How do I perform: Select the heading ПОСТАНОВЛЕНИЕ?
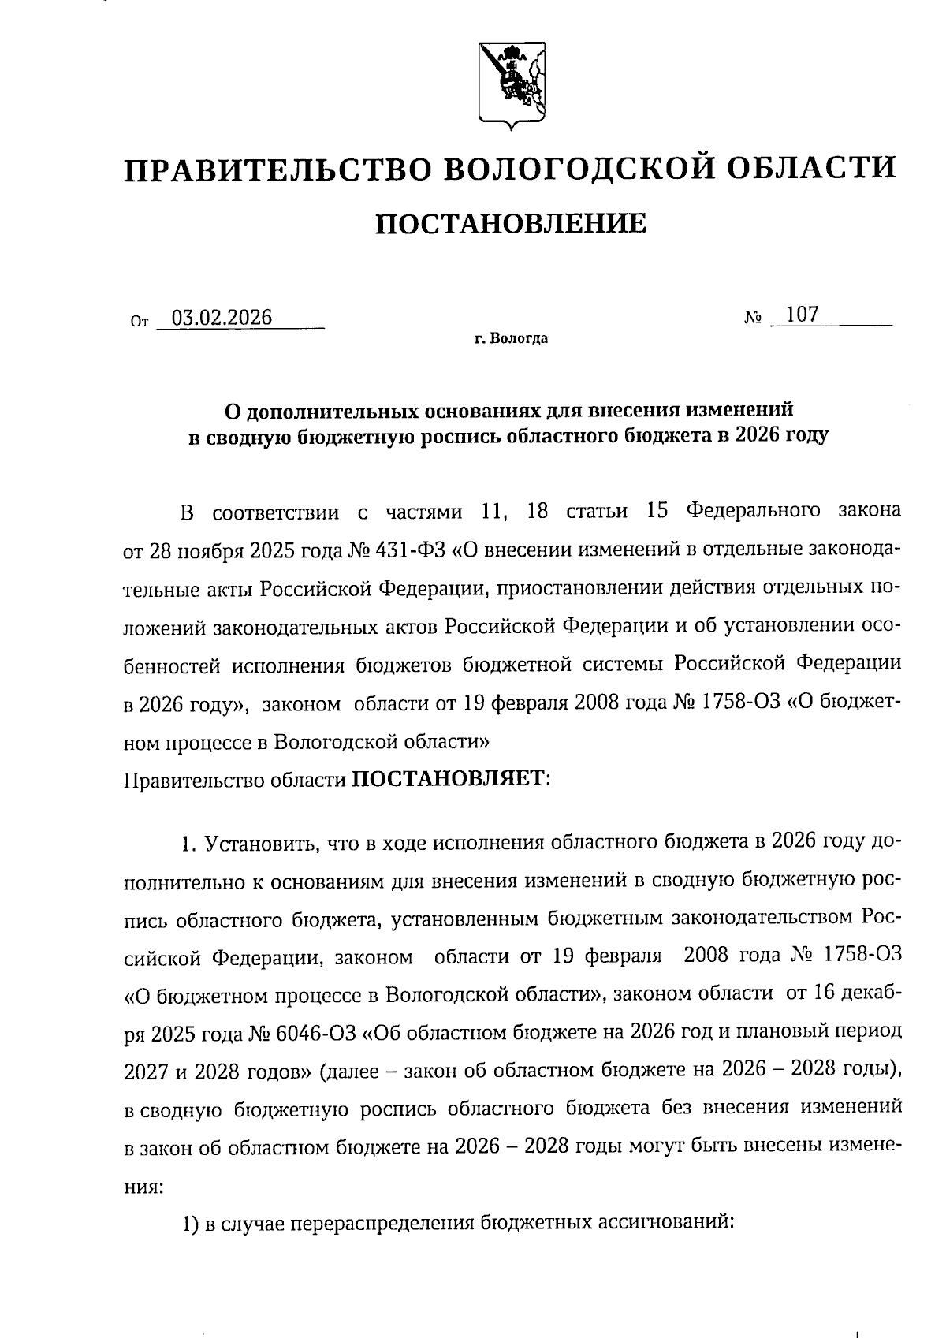[x=510, y=225]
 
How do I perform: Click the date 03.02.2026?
[x=222, y=318]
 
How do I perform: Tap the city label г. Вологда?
[x=510, y=340]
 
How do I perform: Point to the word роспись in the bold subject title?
[x=457, y=435]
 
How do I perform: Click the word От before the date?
[x=139, y=322]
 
